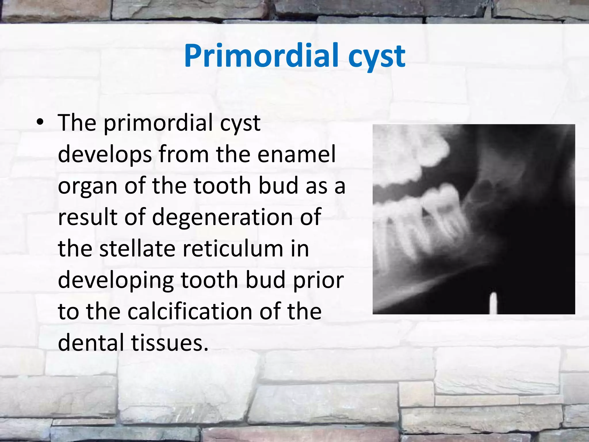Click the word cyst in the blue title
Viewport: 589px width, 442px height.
pos(376,57)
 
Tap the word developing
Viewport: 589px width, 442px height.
pos(116,281)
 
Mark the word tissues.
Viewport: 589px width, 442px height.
pos(170,343)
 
